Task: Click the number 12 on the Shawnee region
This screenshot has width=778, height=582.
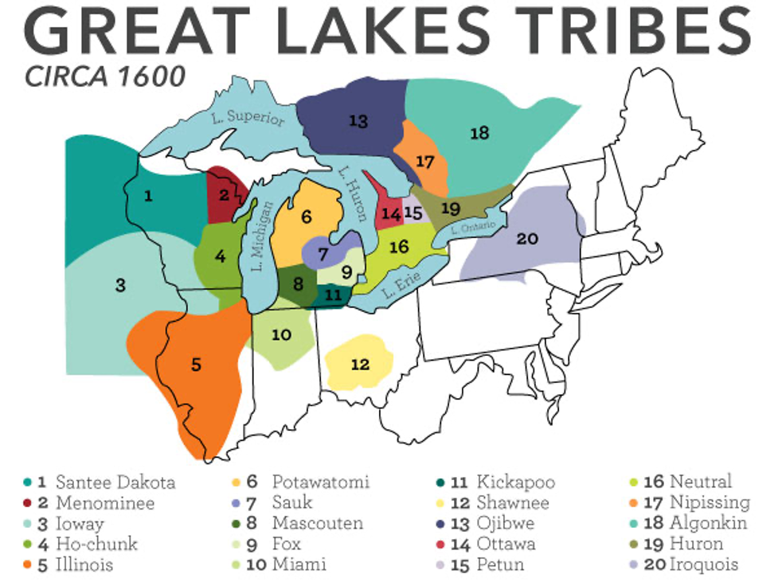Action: click(x=360, y=365)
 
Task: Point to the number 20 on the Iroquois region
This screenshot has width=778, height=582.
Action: click(x=527, y=238)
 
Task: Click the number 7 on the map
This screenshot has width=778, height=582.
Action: click(x=323, y=255)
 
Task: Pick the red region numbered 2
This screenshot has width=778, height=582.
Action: click(x=225, y=193)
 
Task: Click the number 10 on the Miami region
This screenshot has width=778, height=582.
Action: click(x=281, y=335)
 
